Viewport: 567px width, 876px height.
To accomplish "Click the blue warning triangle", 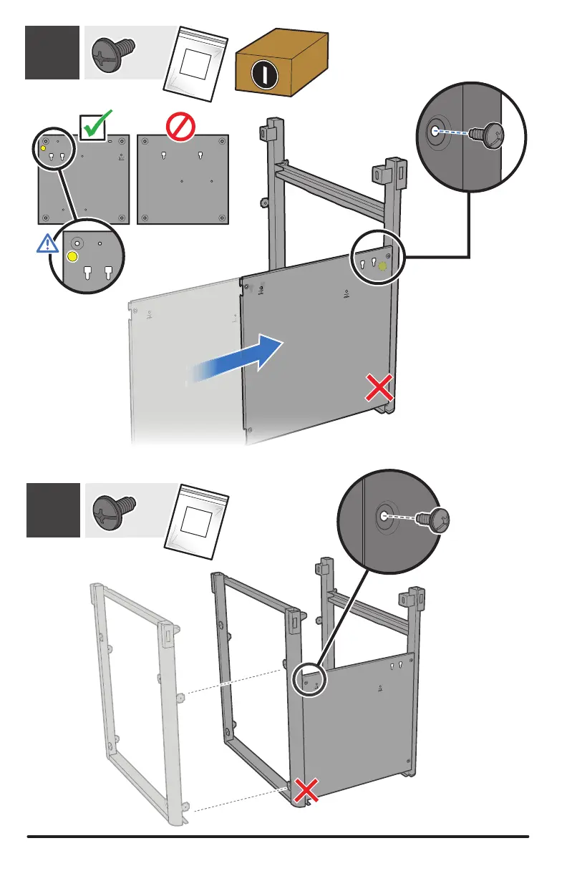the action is pyautogui.click(x=48, y=244).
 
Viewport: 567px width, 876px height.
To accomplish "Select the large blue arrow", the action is pyautogui.click(x=243, y=357).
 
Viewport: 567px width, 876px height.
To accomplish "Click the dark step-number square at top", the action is pyautogui.click(x=52, y=52).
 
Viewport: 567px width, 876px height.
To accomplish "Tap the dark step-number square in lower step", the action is pyautogui.click(x=53, y=510).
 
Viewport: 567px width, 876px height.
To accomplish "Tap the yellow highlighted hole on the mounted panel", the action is pyautogui.click(x=382, y=266).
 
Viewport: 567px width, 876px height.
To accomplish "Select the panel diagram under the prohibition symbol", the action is pyautogui.click(x=182, y=179).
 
